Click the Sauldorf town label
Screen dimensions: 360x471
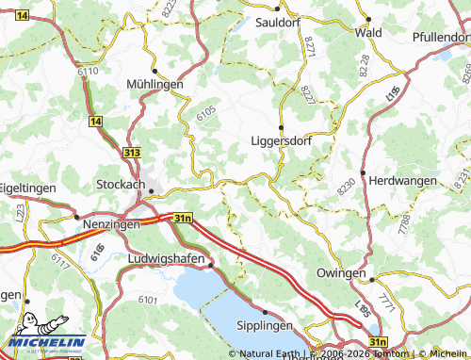pos(277,21)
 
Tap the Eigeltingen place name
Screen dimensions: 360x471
pos(27,188)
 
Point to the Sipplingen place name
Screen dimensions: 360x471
pos(268,324)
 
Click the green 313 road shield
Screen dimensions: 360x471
pos(133,151)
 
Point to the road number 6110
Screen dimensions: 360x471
pos(89,72)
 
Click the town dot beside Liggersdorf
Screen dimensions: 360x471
pos(281,127)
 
